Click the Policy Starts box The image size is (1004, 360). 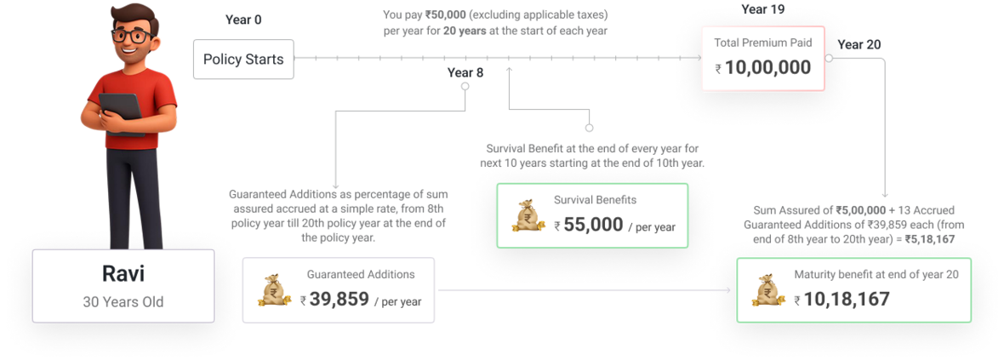(242, 60)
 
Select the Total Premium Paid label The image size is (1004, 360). (763, 43)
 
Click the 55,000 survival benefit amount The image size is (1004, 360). (590, 226)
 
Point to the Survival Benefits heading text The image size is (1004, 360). (595, 201)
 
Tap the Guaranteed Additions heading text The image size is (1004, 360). (361, 275)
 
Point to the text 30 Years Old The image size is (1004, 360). (123, 301)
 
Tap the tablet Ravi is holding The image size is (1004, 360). (122, 111)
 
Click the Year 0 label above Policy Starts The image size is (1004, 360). (243, 19)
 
